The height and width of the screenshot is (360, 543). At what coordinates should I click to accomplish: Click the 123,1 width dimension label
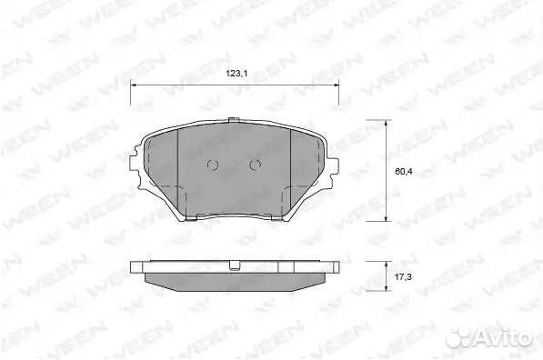point(236,76)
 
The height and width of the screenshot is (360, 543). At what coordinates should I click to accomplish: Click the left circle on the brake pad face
point(214,165)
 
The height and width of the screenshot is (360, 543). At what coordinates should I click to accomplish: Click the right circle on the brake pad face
point(256,165)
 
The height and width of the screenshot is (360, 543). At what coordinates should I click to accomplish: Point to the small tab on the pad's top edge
point(235,121)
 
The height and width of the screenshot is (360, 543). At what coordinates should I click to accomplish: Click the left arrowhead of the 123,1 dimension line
point(136,86)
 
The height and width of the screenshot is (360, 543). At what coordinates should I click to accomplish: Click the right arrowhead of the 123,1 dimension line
point(336,86)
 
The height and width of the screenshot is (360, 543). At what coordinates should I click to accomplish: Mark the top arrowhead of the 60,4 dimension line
point(388,125)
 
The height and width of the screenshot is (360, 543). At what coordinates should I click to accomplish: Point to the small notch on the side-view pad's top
point(235,265)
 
